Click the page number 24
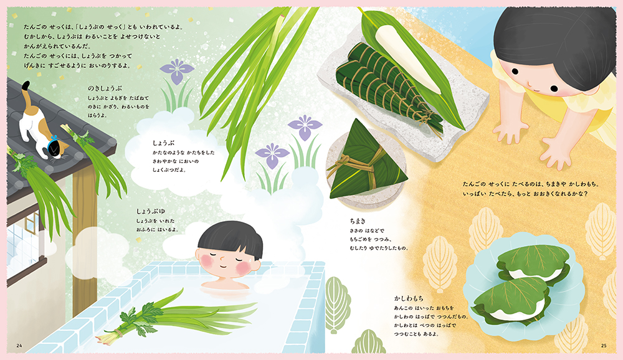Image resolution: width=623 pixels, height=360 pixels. pyautogui.click(x=19, y=345)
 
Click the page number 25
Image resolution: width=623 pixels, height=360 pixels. pyautogui.click(x=604, y=345)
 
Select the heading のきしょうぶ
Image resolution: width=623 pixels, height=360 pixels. pyautogui.click(x=105, y=88)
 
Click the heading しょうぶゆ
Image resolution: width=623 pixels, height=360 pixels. pyautogui.click(x=151, y=211)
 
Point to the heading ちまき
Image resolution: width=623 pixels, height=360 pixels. pyautogui.click(x=358, y=221)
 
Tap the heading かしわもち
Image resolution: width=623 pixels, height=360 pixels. pyautogui.click(x=409, y=298)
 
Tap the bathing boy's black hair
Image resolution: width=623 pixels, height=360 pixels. pyautogui.click(x=231, y=238)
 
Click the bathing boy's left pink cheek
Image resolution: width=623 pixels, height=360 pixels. pyautogui.click(x=207, y=261)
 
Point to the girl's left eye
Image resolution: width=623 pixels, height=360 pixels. pyautogui.click(x=514, y=72)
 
